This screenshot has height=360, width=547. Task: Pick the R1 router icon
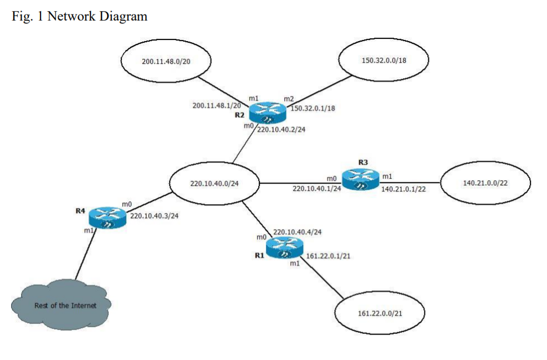[284, 247]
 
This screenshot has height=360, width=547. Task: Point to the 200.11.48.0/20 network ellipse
[166, 62]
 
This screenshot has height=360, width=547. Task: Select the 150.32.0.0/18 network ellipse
[384, 60]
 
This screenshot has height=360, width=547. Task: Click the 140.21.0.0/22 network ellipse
[485, 182]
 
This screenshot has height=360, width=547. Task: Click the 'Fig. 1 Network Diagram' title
[79, 16]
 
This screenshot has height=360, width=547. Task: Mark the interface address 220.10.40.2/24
[282, 130]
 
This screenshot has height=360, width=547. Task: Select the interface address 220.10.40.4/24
[297, 232]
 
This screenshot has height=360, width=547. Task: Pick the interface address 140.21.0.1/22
[403, 189]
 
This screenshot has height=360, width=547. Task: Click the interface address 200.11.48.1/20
[216, 105]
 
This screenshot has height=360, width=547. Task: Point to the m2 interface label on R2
[288, 99]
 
